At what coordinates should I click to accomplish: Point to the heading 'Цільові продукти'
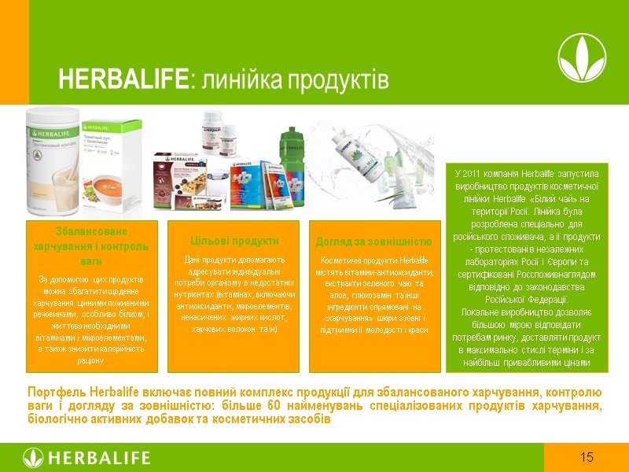click(233, 241)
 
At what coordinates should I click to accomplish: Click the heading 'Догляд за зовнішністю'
click(373, 241)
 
